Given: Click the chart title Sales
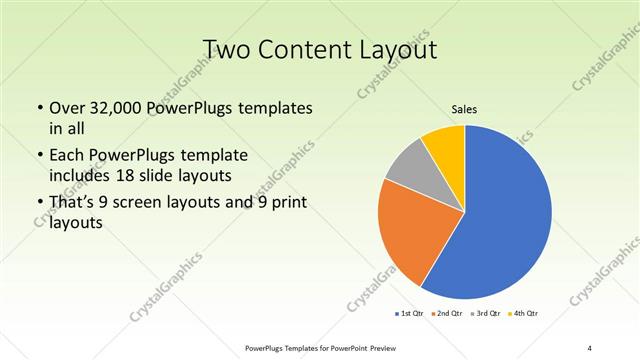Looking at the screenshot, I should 465,109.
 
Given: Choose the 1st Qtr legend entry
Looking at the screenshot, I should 411,314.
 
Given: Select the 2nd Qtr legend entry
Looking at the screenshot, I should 447,314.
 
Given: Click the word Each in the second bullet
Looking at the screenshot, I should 68,156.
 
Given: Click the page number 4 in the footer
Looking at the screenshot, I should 589,347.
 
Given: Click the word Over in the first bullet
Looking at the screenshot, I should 68,108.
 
